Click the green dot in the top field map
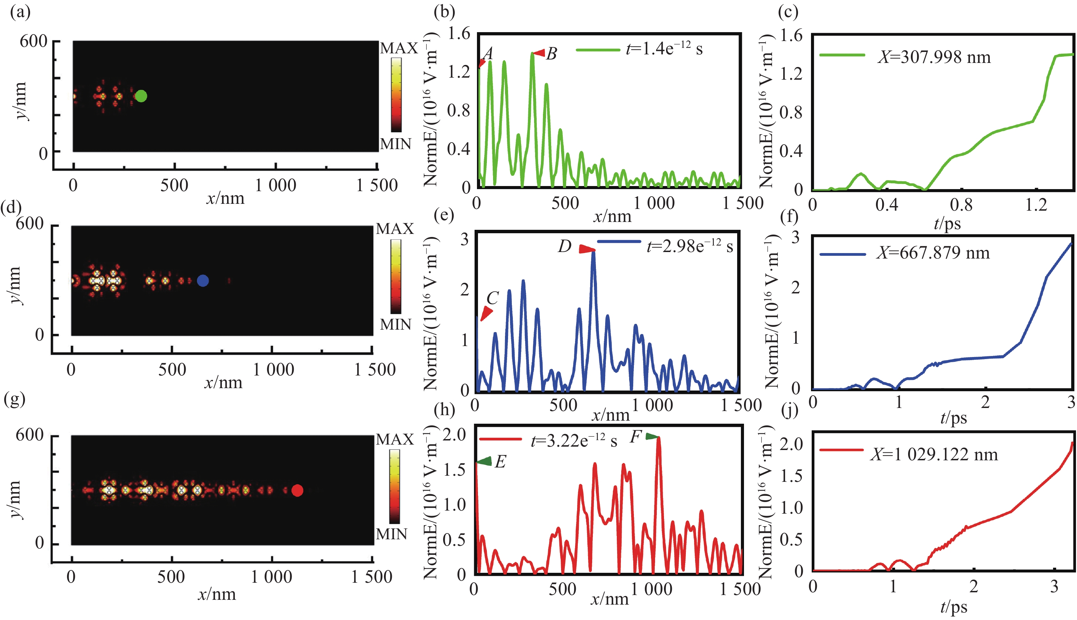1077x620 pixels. (x=141, y=96)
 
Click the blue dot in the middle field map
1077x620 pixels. (x=203, y=281)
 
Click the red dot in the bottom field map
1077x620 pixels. (x=297, y=490)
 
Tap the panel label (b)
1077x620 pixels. (x=444, y=12)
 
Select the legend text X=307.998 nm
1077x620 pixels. (x=934, y=57)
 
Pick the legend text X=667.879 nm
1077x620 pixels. (x=933, y=253)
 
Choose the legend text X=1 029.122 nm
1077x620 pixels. (x=934, y=455)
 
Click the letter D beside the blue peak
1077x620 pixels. (x=564, y=246)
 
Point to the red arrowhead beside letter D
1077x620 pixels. (x=587, y=250)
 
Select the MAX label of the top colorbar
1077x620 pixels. (x=398, y=48)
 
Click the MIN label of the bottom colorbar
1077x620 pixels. (x=391, y=534)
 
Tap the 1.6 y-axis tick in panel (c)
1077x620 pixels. (x=790, y=35)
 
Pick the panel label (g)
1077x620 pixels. (x=14, y=399)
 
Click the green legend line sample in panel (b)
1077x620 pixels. (x=598, y=50)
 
